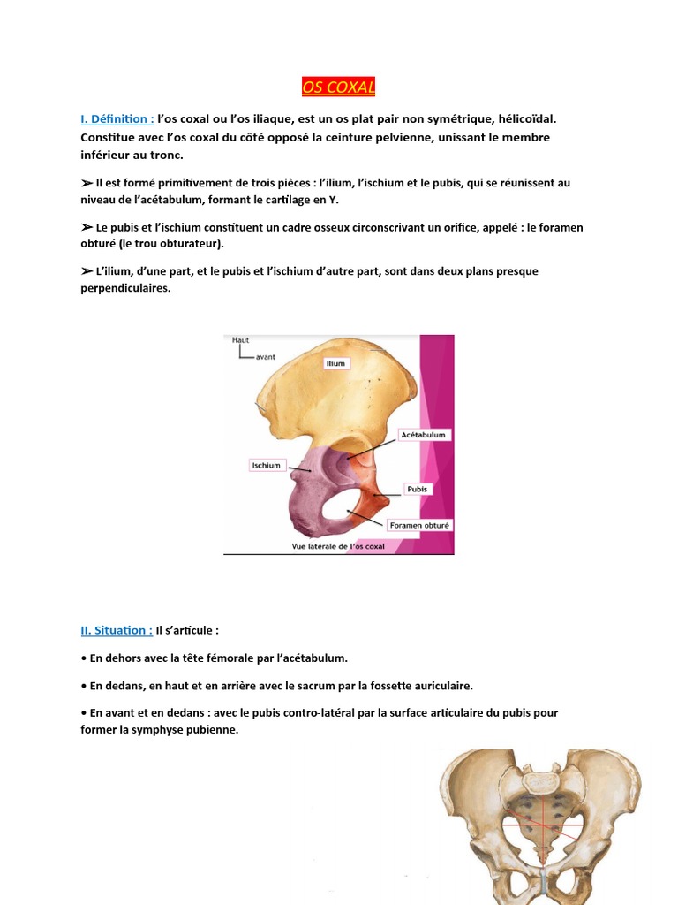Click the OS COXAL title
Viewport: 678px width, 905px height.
[x=339, y=87]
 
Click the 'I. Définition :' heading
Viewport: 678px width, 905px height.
[x=117, y=118]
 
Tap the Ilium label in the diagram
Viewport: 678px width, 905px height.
[x=335, y=363]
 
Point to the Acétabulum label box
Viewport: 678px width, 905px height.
[x=424, y=435]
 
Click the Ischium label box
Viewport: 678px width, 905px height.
[x=266, y=465]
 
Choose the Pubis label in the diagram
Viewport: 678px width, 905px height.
[x=417, y=488]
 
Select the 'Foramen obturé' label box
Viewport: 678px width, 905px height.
[x=420, y=525]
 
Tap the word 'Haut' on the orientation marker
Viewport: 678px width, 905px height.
[x=241, y=339]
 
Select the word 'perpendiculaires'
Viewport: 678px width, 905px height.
[x=125, y=288]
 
